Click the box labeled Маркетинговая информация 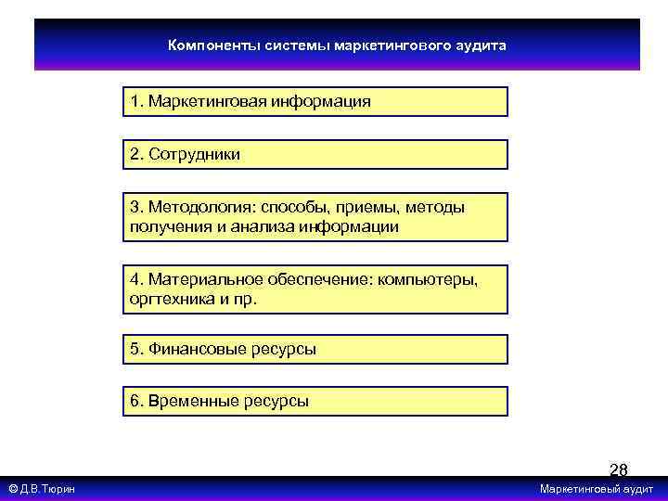[x=315, y=101]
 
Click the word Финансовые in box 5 [x=196, y=349]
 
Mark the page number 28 [x=618, y=470]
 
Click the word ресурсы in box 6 [x=276, y=402]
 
